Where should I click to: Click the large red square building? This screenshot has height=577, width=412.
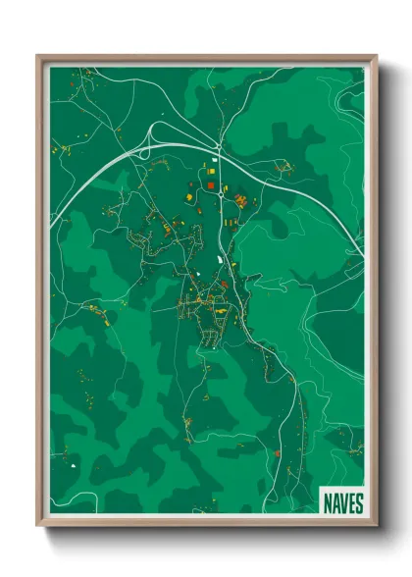(x=210, y=184)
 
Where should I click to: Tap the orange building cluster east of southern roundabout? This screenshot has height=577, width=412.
(x=239, y=200)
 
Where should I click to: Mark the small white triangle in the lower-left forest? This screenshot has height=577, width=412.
(x=73, y=455)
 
